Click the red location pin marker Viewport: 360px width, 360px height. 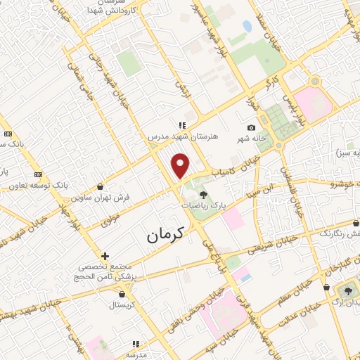tap(181, 165)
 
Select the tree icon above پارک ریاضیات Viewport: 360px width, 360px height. tap(203, 195)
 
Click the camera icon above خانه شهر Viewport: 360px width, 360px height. tap(251, 127)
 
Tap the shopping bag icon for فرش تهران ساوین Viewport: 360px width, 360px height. tap(102, 187)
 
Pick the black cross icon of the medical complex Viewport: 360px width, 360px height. tap(105, 256)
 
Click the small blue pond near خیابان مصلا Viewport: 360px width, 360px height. tap(247, 27)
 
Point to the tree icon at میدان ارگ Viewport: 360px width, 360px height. tap(347, 289)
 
